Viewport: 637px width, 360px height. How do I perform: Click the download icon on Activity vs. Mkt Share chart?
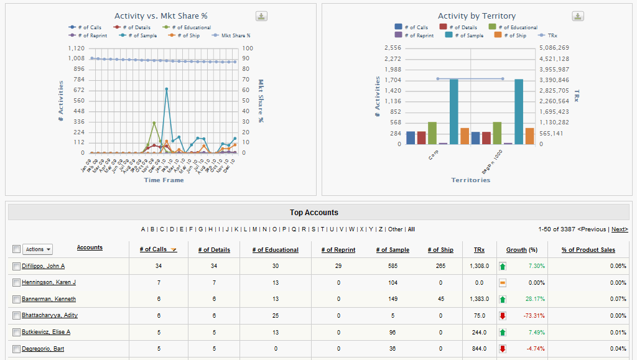[x=262, y=16]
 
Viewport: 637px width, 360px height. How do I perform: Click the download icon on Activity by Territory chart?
[x=579, y=16]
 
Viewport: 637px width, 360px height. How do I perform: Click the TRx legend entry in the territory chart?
[x=548, y=35]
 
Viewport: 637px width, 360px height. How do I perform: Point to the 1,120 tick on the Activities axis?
[x=77, y=48]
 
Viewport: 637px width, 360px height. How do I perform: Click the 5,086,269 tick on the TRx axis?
[x=555, y=48]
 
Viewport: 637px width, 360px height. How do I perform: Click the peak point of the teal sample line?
[x=167, y=89]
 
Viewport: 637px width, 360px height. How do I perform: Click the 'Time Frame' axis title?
[x=164, y=180]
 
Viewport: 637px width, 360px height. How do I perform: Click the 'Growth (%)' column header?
[x=521, y=249]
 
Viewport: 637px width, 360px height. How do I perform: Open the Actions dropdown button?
[x=38, y=249]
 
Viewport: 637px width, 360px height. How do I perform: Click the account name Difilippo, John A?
[x=44, y=266]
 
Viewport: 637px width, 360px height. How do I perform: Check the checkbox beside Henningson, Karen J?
[x=16, y=283]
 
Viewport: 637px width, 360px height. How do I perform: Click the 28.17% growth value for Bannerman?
[x=536, y=299]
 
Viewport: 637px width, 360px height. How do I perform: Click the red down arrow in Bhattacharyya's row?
[x=503, y=315]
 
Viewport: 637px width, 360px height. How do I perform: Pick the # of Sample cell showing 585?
[x=392, y=266]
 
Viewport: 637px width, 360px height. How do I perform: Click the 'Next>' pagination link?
[x=620, y=229]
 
